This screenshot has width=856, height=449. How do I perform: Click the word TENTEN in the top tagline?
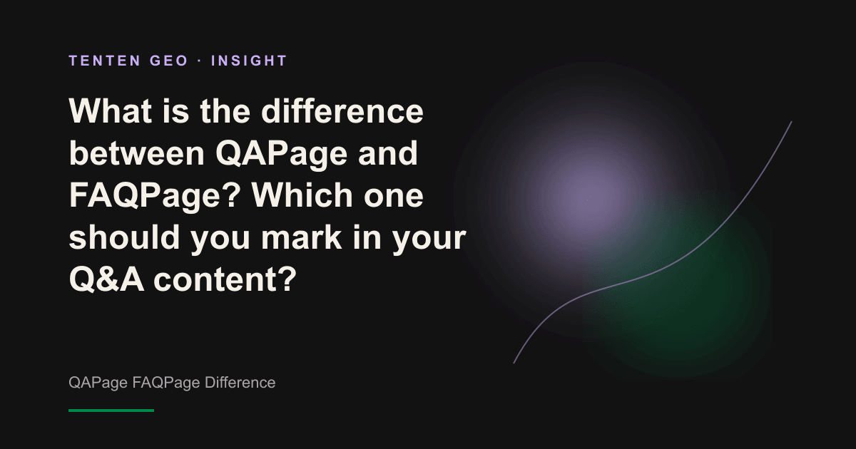point(105,61)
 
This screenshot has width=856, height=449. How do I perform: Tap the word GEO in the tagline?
point(169,61)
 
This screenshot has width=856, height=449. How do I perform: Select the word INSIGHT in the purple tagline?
point(249,61)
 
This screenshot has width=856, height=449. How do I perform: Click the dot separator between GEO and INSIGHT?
point(200,61)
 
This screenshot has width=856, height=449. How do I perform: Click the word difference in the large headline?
point(342,110)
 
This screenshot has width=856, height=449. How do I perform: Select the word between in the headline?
point(137,153)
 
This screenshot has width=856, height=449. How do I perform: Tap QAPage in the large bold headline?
point(281,154)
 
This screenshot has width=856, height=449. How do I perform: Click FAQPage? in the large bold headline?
point(155,196)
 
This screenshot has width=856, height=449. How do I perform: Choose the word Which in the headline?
point(302,195)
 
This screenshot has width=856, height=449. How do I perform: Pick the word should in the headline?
point(124,237)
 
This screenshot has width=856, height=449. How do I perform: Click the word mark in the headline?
point(301,237)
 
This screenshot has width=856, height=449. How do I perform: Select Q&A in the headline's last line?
point(106,279)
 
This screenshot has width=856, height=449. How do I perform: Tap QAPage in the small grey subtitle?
point(98,383)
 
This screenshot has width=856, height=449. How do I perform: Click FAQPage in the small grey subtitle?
point(166,383)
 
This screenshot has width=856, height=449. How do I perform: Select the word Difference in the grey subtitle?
point(240,382)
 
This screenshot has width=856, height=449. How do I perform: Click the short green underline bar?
point(111,411)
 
